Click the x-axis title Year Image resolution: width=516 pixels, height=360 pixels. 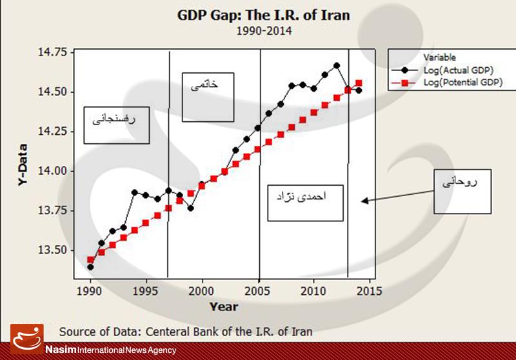pyautogui.click(x=223, y=306)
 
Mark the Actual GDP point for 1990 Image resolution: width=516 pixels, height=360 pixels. pyautogui.click(x=90, y=266)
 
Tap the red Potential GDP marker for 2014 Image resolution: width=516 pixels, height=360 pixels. pyautogui.click(x=359, y=83)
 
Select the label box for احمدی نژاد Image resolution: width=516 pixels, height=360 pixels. pyautogui.click(x=304, y=203)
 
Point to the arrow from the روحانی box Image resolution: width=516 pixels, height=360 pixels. pyautogui.click(x=400, y=193)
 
